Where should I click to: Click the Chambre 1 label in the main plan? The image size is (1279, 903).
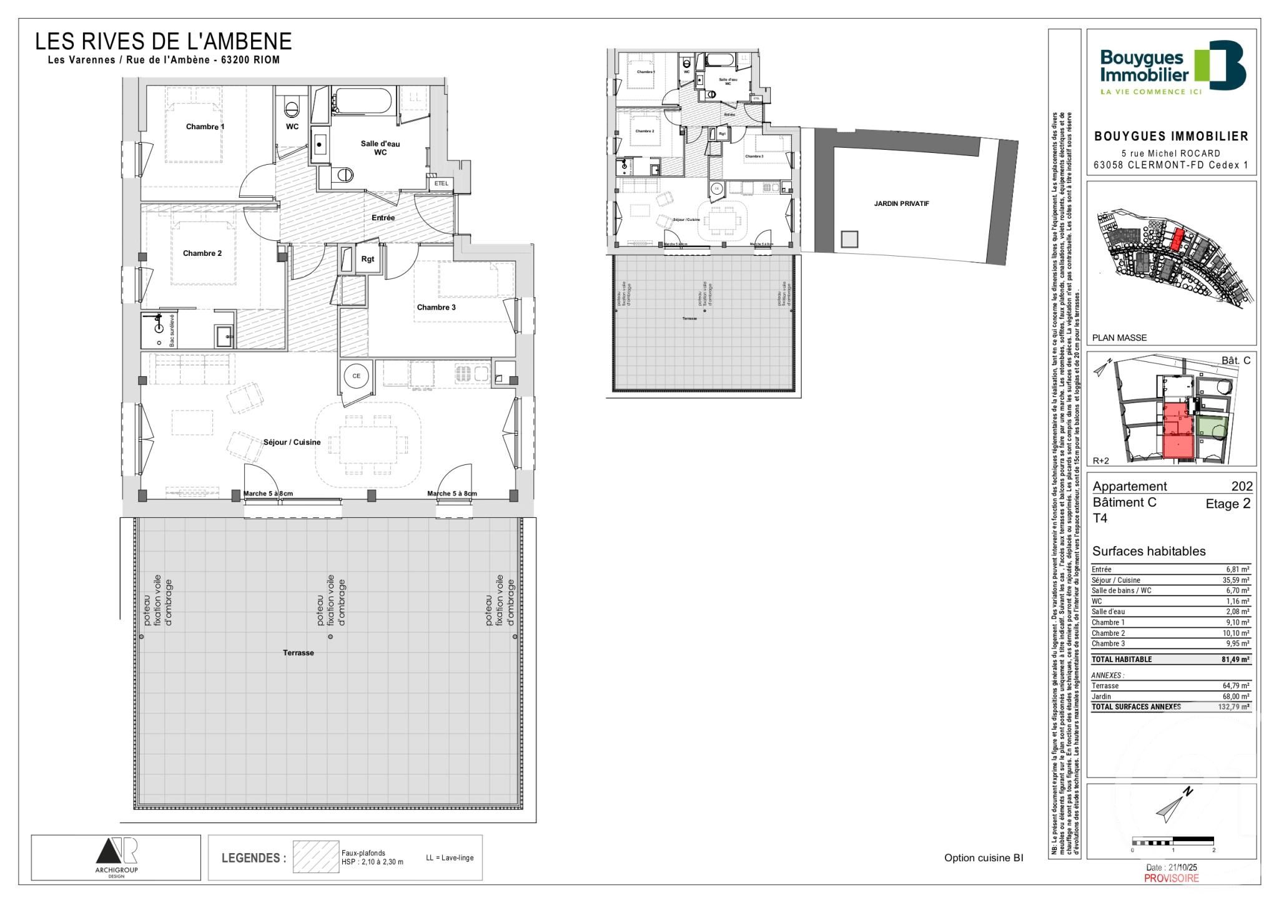[205, 127]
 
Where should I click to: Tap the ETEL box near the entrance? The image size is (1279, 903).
[441, 183]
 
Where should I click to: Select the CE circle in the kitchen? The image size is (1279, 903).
[356, 376]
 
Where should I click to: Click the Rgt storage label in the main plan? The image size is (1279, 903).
[368, 259]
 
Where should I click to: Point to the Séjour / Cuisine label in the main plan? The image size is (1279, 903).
[292, 442]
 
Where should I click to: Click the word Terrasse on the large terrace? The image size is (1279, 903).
[298, 653]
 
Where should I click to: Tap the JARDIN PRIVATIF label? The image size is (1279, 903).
[892, 203]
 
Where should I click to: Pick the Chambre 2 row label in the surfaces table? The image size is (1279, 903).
[1108, 633]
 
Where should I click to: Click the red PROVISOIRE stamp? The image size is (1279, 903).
[1171, 878]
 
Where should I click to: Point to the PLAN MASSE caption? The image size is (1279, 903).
[1119, 338]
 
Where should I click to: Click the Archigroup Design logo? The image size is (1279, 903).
[116, 857]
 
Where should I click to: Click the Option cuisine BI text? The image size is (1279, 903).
[984, 858]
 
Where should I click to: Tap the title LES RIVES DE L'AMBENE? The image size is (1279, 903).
[163, 42]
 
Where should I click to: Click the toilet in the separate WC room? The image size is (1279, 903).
[292, 108]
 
